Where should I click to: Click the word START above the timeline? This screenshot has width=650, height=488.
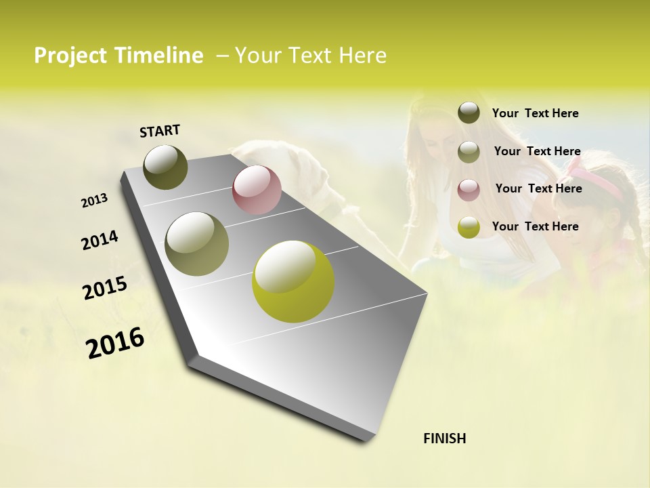(x=160, y=131)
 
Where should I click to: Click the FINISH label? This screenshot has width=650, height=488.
(x=444, y=439)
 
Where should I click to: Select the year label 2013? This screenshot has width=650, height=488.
(x=94, y=201)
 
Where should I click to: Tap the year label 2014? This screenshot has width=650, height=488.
(x=100, y=241)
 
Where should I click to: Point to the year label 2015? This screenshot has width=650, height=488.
(x=105, y=288)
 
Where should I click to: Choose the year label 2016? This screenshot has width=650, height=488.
(x=115, y=343)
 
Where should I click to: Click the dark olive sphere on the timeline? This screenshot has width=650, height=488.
(x=165, y=167)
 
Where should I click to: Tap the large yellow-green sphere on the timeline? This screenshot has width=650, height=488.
(x=292, y=281)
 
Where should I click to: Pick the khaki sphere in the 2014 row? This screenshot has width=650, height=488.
(x=196, y=243)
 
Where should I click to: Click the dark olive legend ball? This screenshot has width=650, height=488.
(x=469, y=113)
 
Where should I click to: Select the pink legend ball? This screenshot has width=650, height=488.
(x=469, y=189)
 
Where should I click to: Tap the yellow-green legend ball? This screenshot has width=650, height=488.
(x=469, y=227)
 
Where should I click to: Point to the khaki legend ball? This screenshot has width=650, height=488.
(x=469, y=152)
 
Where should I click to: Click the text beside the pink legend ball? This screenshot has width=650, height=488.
(x=538, y=188)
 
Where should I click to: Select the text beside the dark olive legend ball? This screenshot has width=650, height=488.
(x=535, y=113)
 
